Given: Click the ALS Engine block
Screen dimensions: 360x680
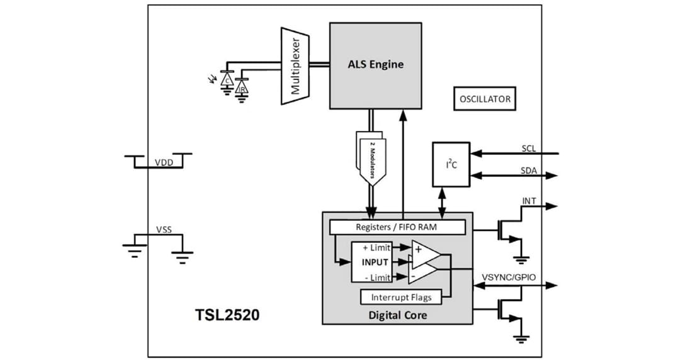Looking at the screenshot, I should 375,65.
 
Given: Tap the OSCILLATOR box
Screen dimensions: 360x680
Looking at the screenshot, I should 484,99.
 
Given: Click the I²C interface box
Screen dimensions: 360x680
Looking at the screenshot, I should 451,164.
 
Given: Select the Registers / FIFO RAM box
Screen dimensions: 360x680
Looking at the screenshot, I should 397,227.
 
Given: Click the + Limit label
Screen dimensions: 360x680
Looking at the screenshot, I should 377,247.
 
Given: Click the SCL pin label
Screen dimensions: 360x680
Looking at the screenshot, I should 529,149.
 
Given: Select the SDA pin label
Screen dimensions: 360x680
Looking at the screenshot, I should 529,171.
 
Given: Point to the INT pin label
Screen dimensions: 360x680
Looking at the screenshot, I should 530,201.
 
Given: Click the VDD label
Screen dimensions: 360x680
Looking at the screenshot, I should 164,162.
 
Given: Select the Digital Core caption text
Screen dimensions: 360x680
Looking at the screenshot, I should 397,315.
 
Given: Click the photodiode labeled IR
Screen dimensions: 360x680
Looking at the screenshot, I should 241,89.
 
